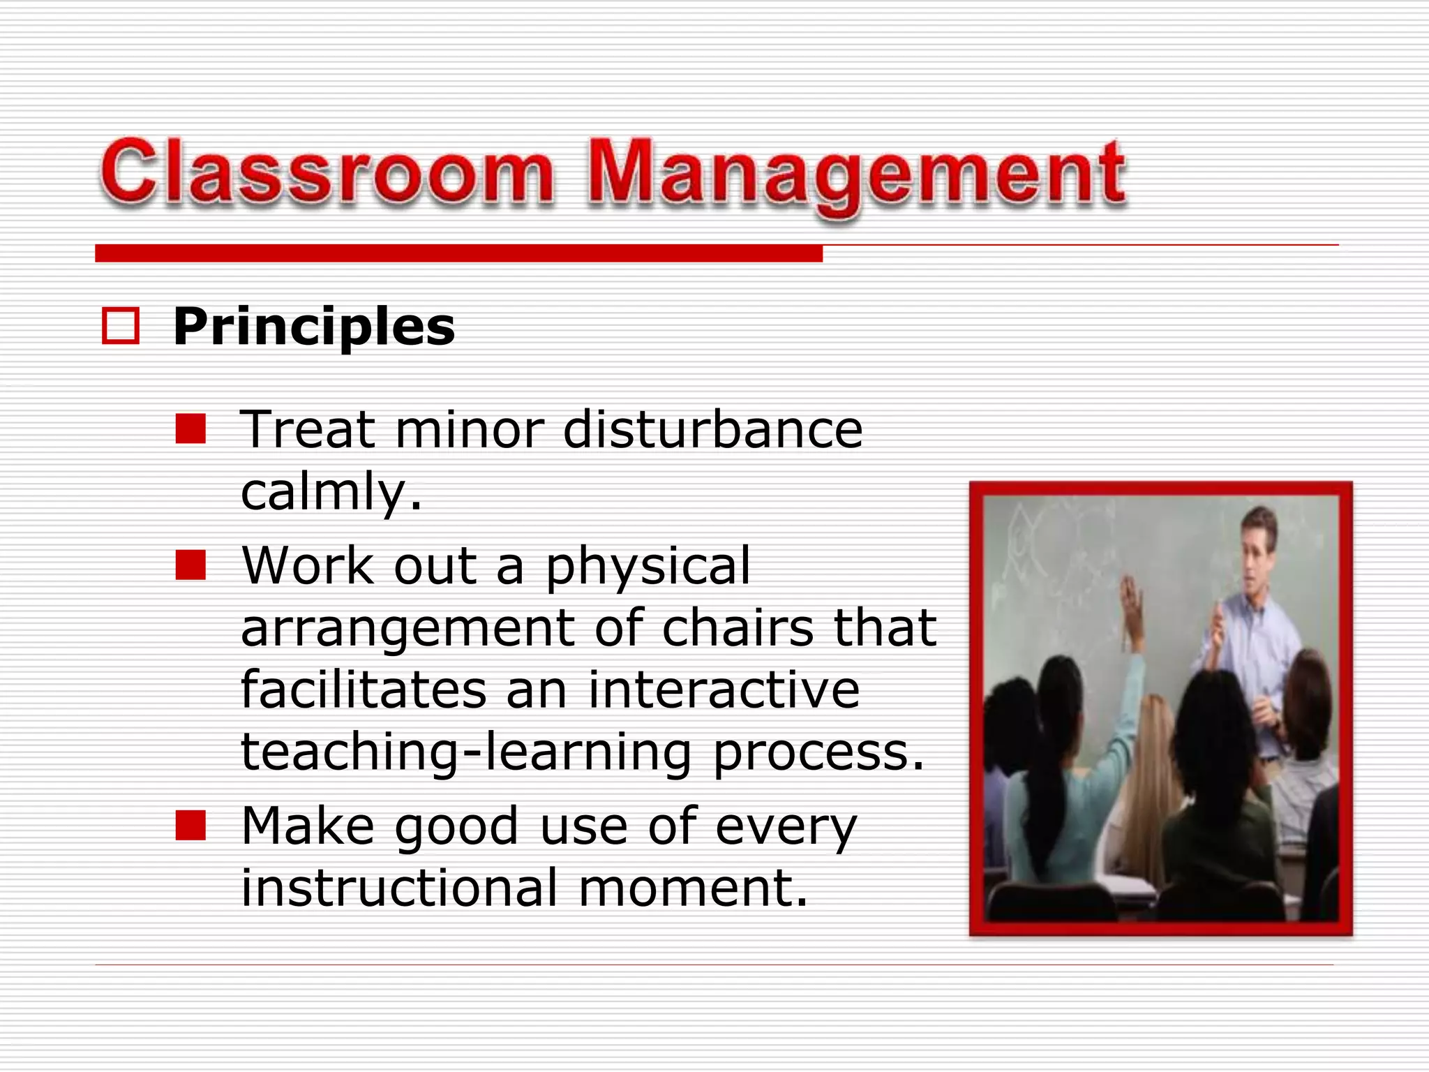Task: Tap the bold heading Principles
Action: coord(313,327)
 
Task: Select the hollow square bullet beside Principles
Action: coord(120,326)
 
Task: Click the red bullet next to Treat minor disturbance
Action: coord(190,429)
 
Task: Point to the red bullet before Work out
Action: coord(190,565)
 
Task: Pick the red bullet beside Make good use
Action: coord(190,826)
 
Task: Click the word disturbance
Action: coord(712,429)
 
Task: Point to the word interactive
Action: coord(724,690)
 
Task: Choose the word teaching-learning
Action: coord(466,752)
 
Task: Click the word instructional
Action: coord(399,888)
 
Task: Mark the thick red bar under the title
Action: coord(458,253)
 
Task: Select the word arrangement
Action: coord(407,629)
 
